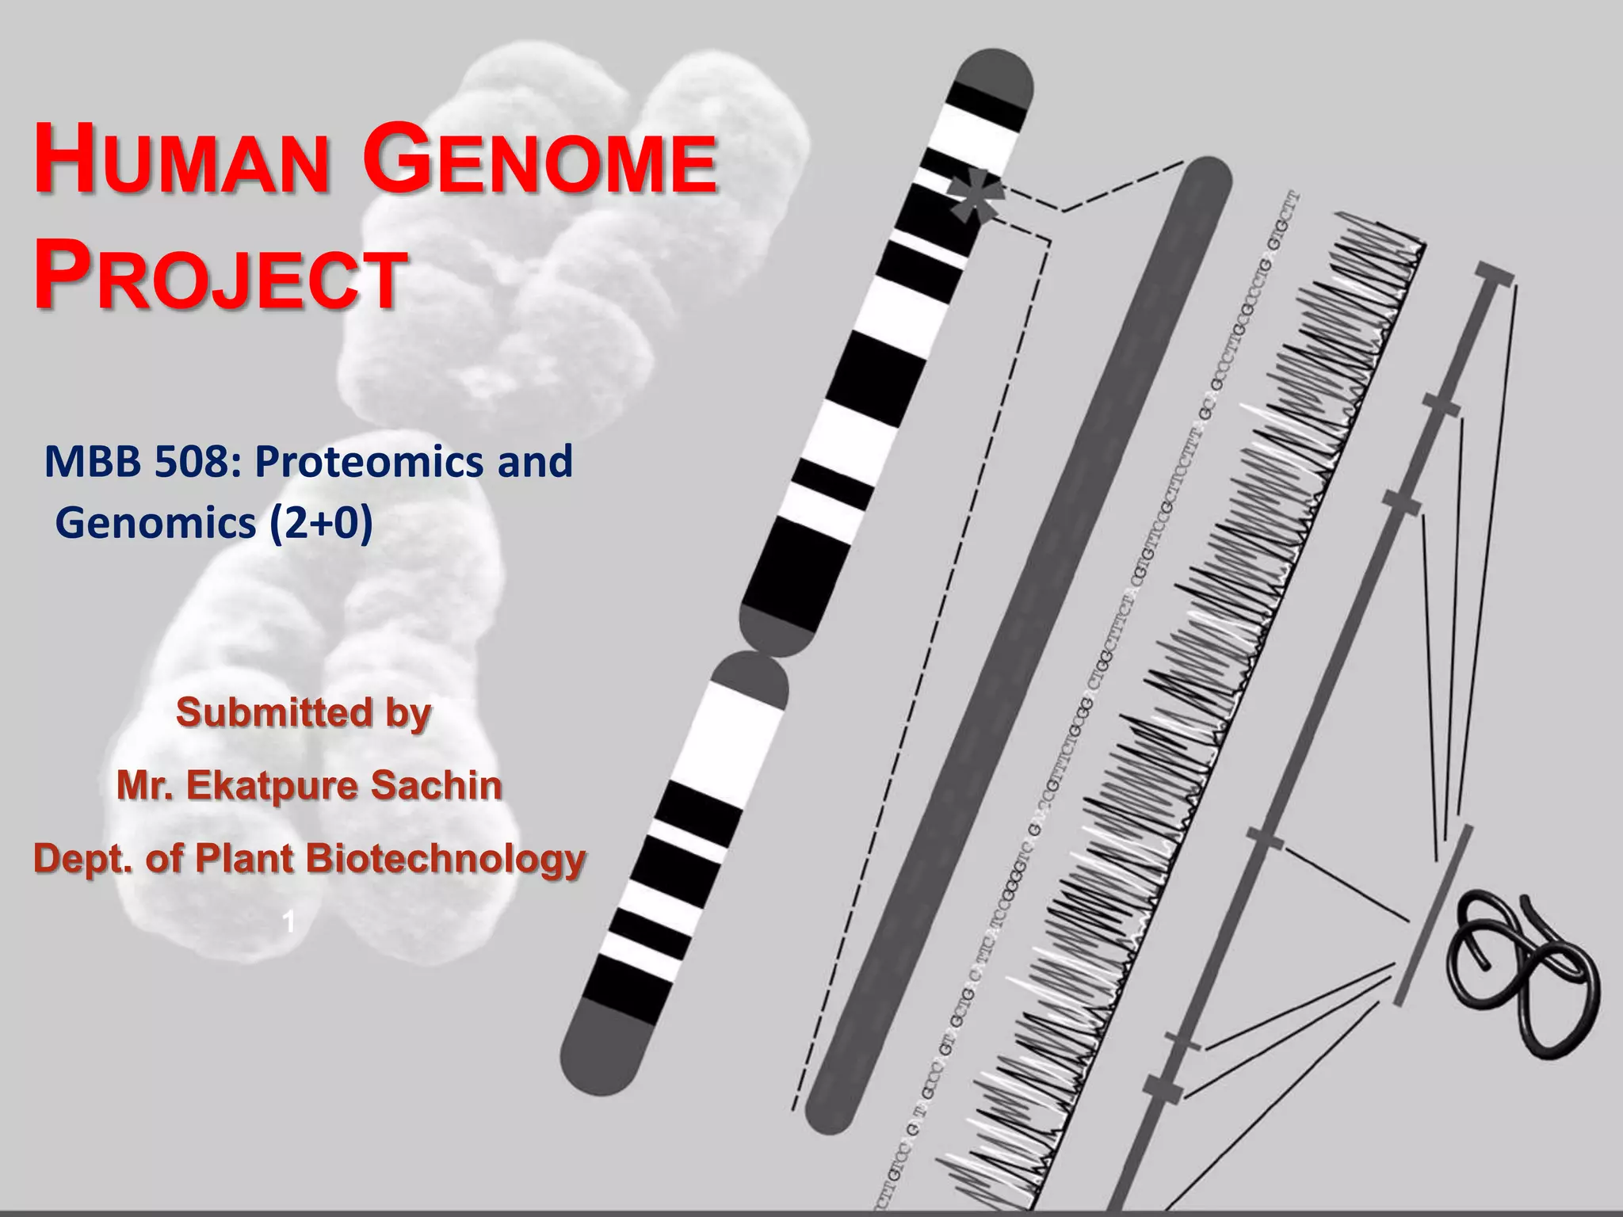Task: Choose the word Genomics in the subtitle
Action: point(156,523)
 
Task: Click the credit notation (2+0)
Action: point(321,523)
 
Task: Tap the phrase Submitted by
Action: point(304,712)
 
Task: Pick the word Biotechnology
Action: point(445,858)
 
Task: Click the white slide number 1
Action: point(289,921)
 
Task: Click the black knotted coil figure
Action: point(1522,971)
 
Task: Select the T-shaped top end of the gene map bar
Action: point(1495,273)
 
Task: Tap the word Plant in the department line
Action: point(244,858)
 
